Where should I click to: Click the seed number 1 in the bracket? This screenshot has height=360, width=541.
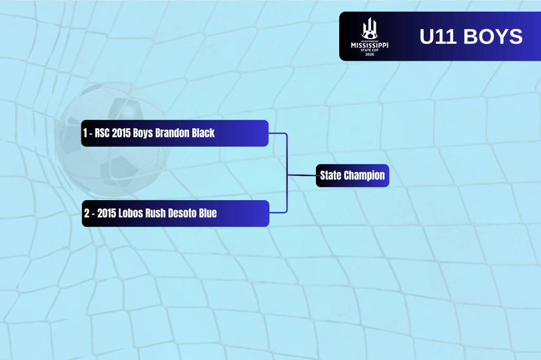pos(85,133)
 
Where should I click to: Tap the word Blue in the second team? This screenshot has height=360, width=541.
pos(207,213)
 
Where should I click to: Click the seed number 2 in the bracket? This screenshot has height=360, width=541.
pos(87,213)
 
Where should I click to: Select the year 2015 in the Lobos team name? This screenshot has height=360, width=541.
pos(107,213)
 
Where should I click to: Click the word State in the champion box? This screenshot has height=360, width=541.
pos(331,175)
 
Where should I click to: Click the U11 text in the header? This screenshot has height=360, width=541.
pos(438,36)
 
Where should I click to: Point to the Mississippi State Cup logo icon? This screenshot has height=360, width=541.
pos(369,29)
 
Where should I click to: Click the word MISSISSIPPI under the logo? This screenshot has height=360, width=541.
pos(369,45)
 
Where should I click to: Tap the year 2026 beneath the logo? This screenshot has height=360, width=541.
pos(369,54)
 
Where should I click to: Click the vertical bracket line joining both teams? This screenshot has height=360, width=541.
pos(287,173)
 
